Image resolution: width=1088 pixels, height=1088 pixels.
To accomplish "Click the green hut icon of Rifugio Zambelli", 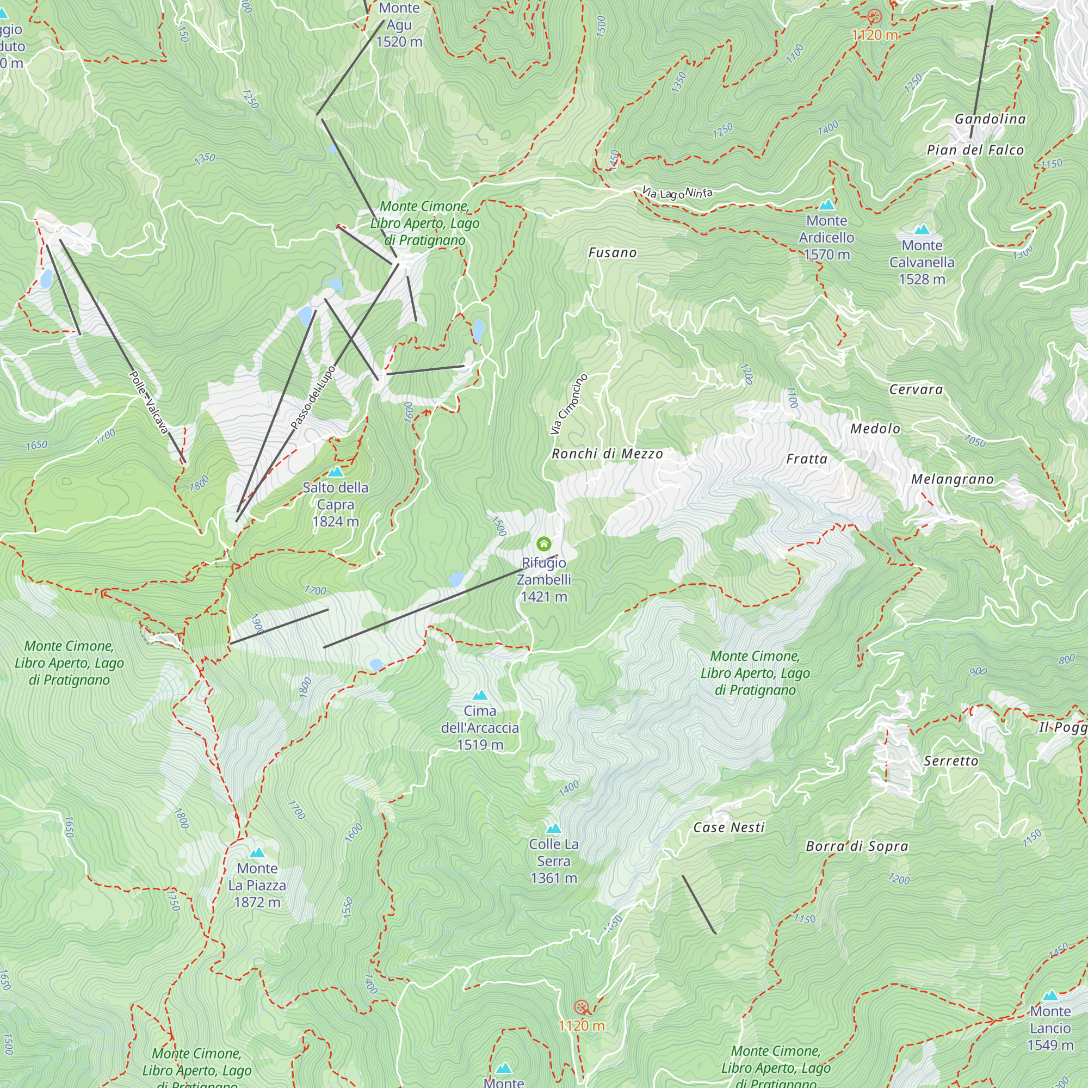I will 543,543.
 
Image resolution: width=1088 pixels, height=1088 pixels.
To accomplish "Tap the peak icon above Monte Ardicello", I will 826,205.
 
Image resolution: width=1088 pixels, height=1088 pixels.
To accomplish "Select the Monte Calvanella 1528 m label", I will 922,262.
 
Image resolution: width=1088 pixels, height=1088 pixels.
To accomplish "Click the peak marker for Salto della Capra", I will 336,471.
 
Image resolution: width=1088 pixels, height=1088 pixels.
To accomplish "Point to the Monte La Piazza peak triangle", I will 257,852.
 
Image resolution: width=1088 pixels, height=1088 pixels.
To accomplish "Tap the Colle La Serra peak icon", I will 554,829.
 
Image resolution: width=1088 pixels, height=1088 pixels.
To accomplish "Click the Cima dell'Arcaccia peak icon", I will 480,695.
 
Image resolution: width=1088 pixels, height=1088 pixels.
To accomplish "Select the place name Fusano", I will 612,253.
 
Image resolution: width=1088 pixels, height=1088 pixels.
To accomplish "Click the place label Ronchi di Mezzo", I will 607,454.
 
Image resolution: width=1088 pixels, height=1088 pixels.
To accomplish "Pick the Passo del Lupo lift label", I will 313,398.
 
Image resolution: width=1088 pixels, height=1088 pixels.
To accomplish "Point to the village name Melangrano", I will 953,479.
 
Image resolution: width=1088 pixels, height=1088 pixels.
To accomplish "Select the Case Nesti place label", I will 729,827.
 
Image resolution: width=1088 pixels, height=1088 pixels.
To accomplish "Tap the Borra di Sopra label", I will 857,846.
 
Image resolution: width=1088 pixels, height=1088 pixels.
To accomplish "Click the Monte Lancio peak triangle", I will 1050,996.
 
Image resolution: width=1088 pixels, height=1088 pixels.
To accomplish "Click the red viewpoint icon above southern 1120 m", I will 580,1007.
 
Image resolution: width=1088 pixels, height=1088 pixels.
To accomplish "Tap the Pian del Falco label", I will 975,150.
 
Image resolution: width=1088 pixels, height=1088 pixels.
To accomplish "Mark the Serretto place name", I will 951,761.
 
